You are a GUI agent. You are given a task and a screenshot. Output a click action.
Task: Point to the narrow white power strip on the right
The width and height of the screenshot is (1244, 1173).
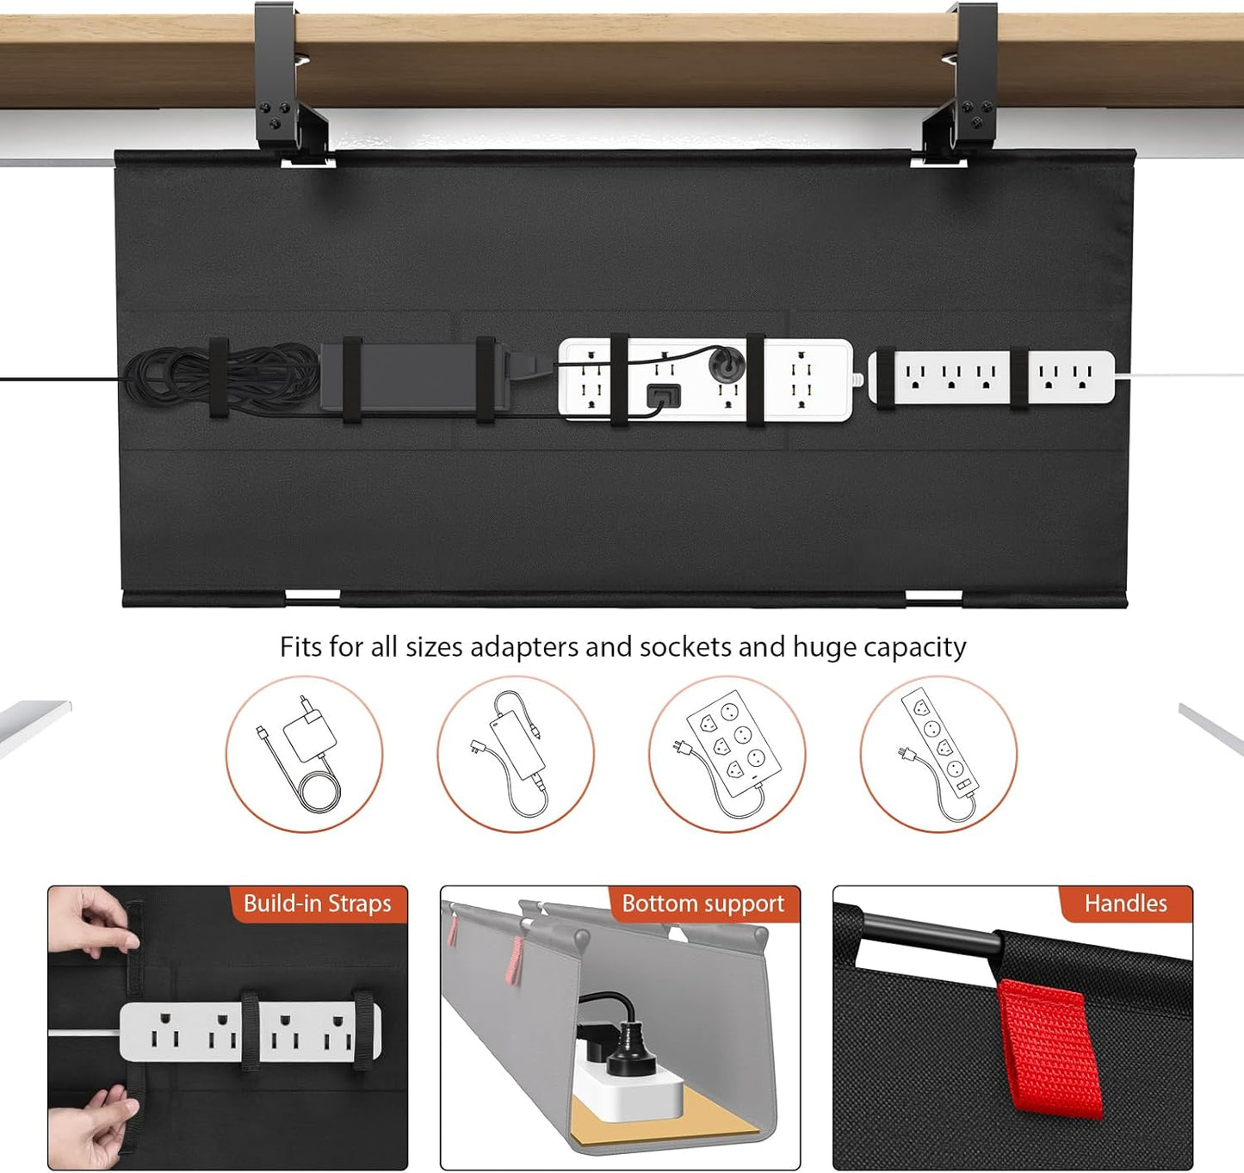pyautogui.click(x=990, y=377)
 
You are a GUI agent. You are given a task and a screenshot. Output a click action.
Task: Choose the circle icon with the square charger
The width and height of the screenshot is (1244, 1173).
pyautogui.click(x=304, y=754)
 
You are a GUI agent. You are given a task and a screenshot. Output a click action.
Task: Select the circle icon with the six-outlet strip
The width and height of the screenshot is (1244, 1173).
pyautogui.click(x=727, y=754)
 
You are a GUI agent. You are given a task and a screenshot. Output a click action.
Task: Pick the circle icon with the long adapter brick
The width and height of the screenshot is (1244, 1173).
pyautogui.click(x=515, y=754)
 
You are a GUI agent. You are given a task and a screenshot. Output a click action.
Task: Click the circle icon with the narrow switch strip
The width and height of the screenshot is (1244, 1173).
pyautogui.click(x=938, y=754)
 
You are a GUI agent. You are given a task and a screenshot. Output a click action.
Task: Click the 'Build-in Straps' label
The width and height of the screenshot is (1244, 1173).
pyautogui.click(x=317, y=904)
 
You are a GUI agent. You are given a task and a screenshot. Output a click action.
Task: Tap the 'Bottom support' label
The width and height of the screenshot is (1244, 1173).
pyautogui.click(x=702, y=904)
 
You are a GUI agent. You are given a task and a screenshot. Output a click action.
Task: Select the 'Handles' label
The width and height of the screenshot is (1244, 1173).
pyautogui.click(x=1125, y=904)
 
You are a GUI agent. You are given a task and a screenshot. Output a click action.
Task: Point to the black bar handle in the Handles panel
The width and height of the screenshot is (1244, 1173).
pyautogui.click(x=930, y=935)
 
